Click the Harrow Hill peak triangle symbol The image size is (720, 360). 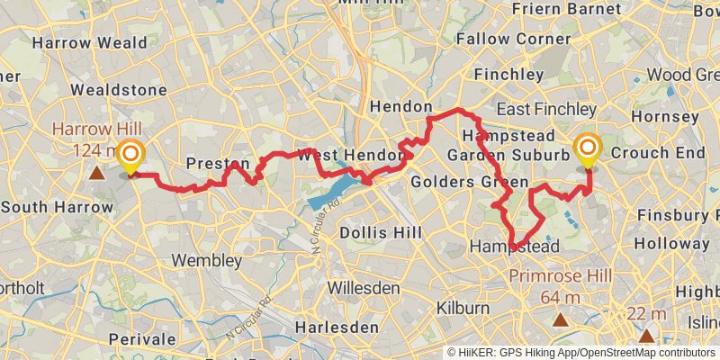(x=96, y=171)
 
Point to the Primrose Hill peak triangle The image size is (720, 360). (x=561, y=319)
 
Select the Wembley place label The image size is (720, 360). (x=212, y=261)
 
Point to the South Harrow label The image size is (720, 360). (x=57, y=207)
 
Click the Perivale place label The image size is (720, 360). (x=139, y=339)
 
